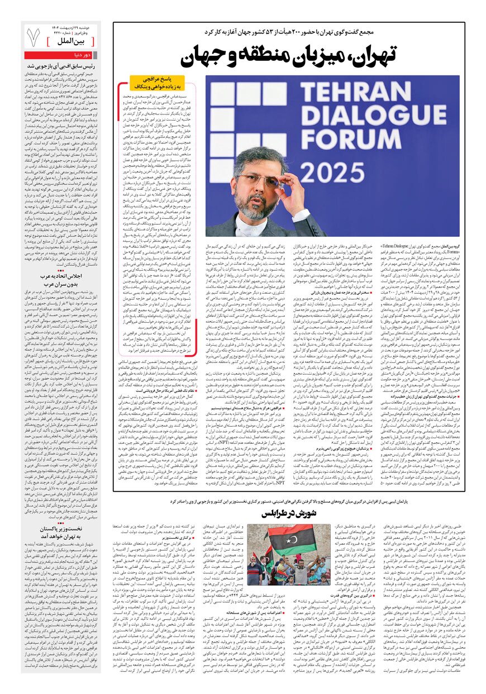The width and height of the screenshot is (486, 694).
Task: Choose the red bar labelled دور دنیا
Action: pyautogui.click(x=62, y=55)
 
